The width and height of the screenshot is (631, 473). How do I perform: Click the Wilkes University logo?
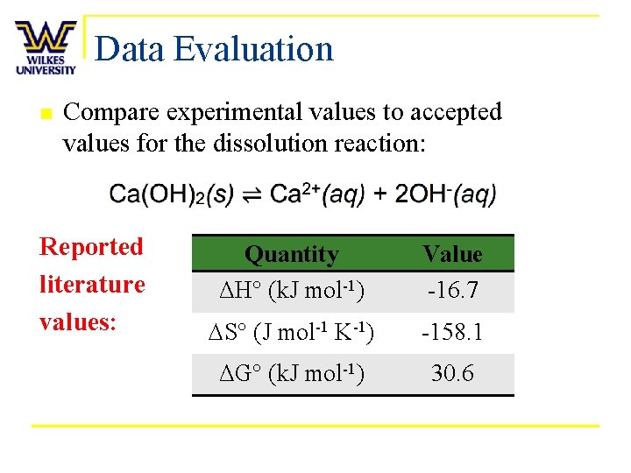click(x=46, y=48)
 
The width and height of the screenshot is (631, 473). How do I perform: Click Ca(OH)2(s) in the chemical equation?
click(x=171, y=194)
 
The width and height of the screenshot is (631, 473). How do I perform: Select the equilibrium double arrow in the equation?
click(x=252, y=194)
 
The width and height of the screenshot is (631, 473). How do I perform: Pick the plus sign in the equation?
click(x=381, y=194)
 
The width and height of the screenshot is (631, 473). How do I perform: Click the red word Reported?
click(x=91, y=247)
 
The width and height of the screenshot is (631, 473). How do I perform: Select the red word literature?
click(x=92, y=285)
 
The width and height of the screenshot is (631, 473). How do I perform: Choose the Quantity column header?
click(x=292, y=254)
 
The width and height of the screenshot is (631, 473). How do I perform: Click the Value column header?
click(x=452, y=254)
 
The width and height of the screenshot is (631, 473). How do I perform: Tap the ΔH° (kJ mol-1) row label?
click(x=292, y=290)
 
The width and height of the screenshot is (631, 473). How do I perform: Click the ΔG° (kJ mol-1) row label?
click(x=292, y=374)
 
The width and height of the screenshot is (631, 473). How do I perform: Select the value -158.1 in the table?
click(x=452, y=333)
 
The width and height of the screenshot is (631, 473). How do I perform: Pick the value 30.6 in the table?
click(x=452, y=374)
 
